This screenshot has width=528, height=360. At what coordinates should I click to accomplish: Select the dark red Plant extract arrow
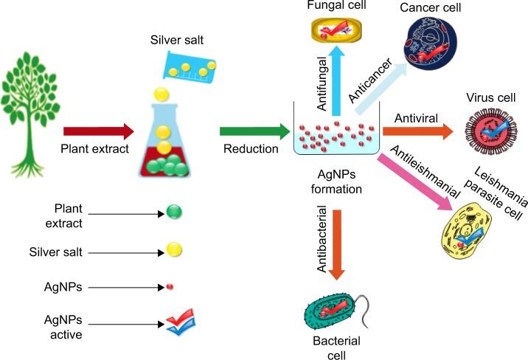(x=98, y=132)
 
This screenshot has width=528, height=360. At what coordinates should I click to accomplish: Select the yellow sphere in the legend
(x=174, y=251)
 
